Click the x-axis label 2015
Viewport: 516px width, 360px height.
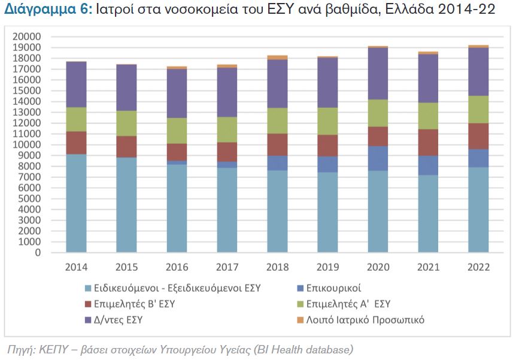coord(126,267)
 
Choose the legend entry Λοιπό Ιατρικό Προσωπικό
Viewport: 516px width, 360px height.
coord(365,320)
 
